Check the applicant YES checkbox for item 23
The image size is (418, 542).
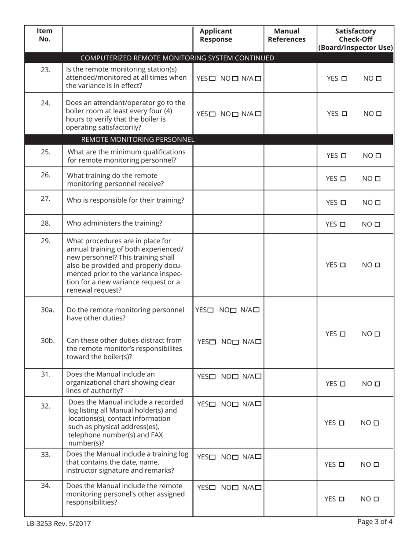[x=213, y=79]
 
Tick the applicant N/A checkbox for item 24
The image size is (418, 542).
[x=258, y=114]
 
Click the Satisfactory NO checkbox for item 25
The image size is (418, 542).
[x=378, y=156]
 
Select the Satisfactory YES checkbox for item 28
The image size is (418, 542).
[x=343, y=224]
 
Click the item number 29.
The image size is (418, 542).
[x=46, y=241]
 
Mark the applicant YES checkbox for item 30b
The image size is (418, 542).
[x=213, y=342]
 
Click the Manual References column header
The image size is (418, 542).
[x=286, y=35]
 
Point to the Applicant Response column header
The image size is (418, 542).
[x=216, y=35]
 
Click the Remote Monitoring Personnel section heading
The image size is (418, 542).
[x=138, y=140]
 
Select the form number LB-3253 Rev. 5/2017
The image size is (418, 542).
[x=58, y=523]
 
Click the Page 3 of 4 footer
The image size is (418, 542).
[x=375, y=522]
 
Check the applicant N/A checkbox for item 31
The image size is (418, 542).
[x=258, y=377]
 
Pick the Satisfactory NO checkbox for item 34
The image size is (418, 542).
[x=376, y=499]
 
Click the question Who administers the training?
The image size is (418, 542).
[x=114, y=223]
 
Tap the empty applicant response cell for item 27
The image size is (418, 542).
[x=228, y=202]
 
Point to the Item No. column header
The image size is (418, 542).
[x=44, y=35]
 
